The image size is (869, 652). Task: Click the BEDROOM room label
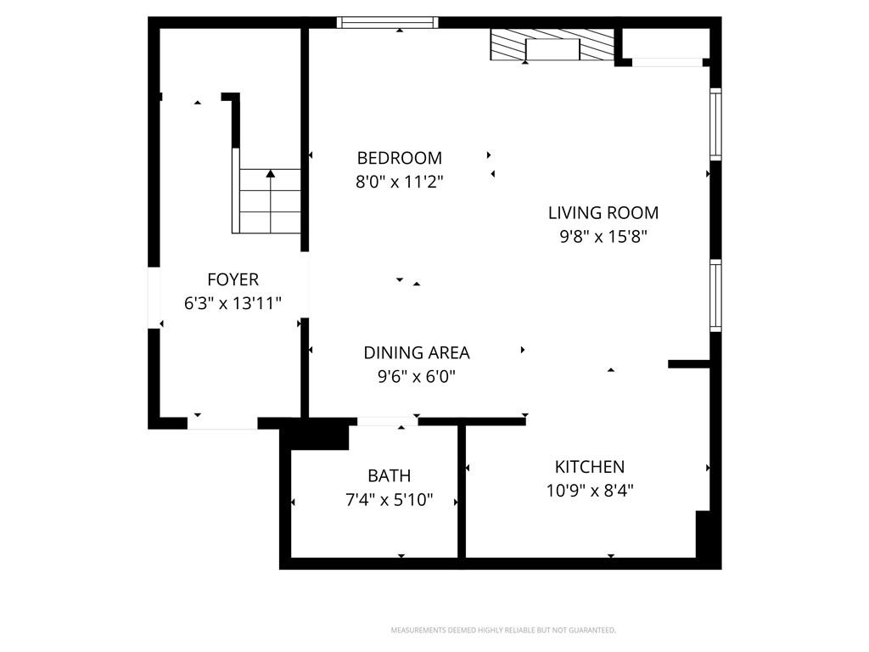[x=399, y=158]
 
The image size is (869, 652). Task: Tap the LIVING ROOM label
[x=603, y=213]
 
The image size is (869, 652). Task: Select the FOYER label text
[x=233, y=279]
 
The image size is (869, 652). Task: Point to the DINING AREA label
[x=416, y=352]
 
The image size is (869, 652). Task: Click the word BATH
[x=389, y=475]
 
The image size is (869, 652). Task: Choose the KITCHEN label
[x=590, y=467]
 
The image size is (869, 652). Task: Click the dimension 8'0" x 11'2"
[x=399, y=182]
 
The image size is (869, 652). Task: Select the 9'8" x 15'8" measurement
[x=603, y=237]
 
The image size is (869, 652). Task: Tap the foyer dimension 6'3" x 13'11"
[x=233, y=303]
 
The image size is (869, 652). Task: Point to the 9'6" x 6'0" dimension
[x=416, y=376]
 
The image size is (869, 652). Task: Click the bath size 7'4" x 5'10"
[x=389, y=499]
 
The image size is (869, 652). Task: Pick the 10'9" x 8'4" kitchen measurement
[x=590, y=491]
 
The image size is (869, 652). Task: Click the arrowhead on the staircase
[x=270, y=173]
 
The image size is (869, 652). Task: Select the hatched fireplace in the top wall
[x=552, y=44]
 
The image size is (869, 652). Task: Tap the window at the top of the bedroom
[x=387, y=22]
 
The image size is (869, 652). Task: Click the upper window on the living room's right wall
[x=715, y=124]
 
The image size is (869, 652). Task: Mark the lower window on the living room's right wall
[x=715, y=295]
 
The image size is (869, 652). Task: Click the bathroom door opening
[x=387, y=422]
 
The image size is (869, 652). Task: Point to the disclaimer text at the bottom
[x=503, y=630]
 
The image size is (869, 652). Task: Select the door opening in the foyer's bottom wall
[x=222, y=424]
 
